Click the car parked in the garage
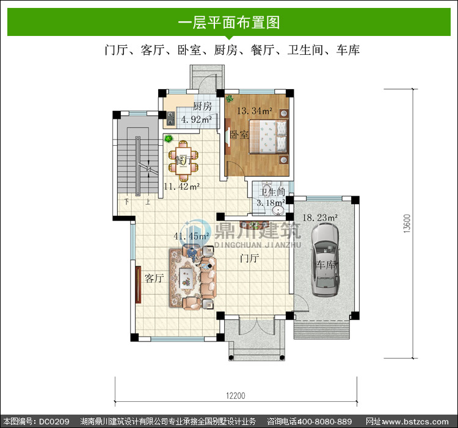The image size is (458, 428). pos(325,260)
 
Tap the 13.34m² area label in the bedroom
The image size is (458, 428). pos(255,111)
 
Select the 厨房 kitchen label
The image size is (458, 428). pos(202,106)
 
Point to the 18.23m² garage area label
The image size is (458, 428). pos(320,218)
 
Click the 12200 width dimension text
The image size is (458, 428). pos(236,396)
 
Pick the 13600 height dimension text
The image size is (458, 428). pos(407,224)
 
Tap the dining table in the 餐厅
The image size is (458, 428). pos(183,160)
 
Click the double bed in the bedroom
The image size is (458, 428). pos(268,137)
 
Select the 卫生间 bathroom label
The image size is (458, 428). pos(272,193)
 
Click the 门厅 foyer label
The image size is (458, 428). pos(249,258)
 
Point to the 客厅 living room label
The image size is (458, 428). pos(154,278)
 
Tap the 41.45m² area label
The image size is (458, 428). pos(192,236)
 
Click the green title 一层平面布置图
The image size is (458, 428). pos(229,23)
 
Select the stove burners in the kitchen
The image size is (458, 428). pos(170,119)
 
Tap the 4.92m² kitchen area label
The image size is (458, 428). pos(196,119)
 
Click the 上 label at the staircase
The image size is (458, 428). pos(148,201)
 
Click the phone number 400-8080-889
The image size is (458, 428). pos(324,421)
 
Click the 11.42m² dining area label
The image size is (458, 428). pos(181,187)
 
